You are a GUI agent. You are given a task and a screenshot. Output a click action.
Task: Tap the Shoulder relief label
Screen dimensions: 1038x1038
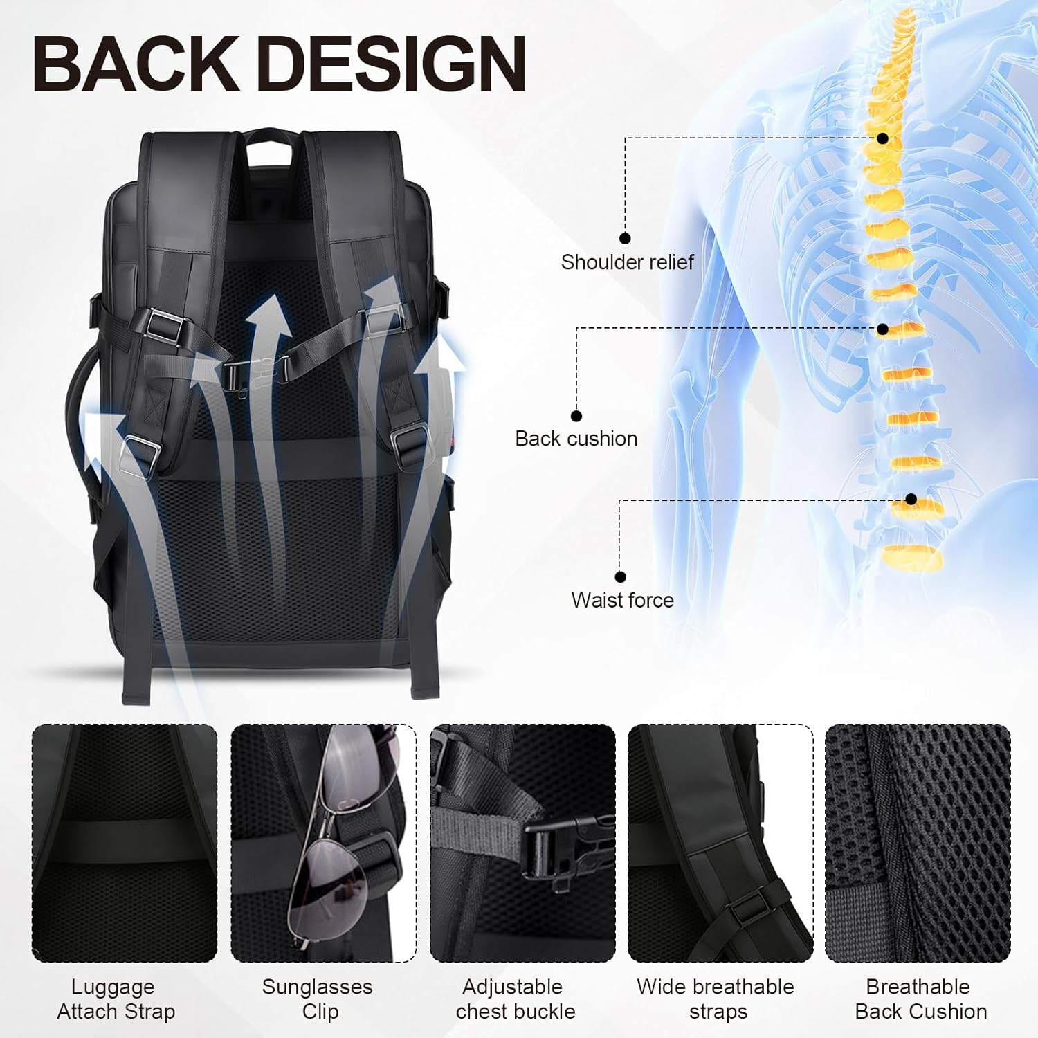tap(627, 262)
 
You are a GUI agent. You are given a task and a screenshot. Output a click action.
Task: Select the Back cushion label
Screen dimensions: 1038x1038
tap(576, 439)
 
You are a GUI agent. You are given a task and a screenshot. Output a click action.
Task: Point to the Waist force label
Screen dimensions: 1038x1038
tap(622, 600)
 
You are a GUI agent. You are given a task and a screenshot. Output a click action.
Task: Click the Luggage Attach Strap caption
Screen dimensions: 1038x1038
tap(116, 999)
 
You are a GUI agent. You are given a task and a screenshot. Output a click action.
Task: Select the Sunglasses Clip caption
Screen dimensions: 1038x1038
tap(317, 999)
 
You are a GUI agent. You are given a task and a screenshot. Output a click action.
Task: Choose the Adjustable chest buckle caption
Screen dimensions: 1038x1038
tap(515, 999)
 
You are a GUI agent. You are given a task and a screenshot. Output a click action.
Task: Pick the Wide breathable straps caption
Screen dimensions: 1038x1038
tap(716, 999)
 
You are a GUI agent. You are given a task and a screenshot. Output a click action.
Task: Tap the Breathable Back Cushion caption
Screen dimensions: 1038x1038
tap(920, 999)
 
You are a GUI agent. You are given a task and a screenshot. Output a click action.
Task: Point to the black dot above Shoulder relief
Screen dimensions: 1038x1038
tap(625, 238)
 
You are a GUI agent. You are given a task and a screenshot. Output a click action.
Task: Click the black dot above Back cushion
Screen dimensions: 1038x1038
tap(576, 416)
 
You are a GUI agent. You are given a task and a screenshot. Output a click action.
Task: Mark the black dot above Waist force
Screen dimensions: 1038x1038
tap(620, 576)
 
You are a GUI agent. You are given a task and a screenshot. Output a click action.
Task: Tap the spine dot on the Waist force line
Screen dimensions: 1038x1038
tap(911, 500)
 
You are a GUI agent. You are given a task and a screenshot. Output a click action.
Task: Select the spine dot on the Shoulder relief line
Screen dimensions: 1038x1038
tap(882, 138)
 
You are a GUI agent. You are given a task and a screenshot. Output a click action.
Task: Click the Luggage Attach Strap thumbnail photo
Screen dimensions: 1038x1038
tap(125, 843)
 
